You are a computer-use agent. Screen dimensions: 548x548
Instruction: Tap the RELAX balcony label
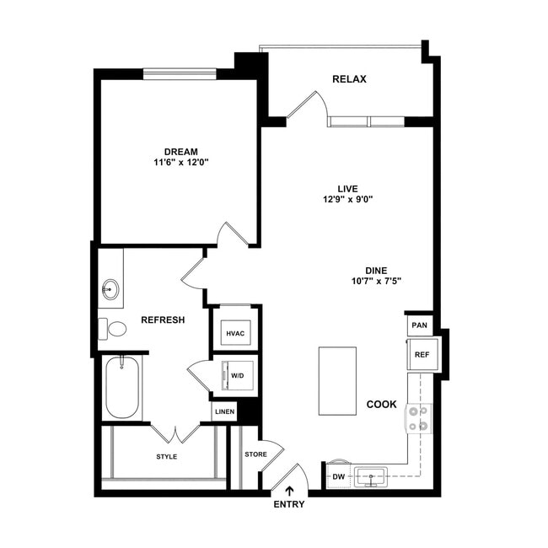tap(349, 80)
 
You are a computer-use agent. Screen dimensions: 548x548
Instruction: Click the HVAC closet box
tap(234, 333)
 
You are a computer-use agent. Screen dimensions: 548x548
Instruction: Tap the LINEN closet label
tap(223, 412)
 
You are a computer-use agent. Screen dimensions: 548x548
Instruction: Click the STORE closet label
tap(255, 454)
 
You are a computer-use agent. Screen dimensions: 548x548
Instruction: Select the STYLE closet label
tap(167, 457)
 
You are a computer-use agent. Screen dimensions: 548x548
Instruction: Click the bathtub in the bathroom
tap(123, 388)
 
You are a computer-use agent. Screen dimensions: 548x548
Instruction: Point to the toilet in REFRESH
tap(114, 328)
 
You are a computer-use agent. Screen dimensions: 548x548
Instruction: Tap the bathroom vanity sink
tap(110, 290)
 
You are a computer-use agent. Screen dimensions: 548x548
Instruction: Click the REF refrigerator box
tap(421, 355)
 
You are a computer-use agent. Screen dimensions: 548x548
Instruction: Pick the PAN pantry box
tap(419, 325)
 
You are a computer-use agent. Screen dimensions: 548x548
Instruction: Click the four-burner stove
tap(419, 418)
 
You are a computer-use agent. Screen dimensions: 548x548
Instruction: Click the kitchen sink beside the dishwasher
tap(369, 477)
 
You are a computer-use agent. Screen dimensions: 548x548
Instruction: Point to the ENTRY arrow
tap(289, 491)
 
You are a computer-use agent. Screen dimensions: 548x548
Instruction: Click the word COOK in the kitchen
tap(381, 405)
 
